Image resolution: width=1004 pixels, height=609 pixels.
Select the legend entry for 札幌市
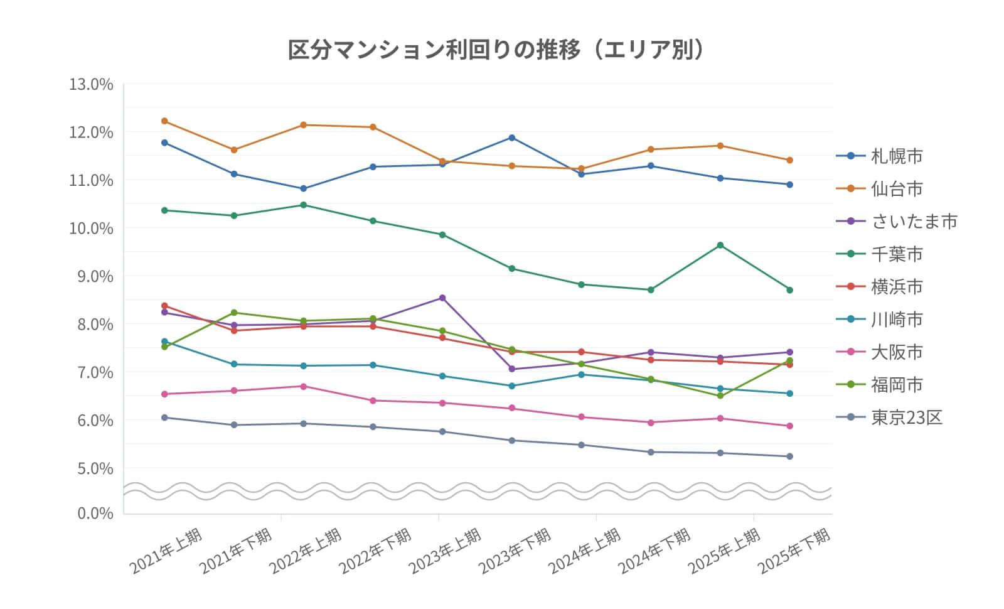(x=896, y=156)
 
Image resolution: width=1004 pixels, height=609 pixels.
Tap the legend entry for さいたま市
(x=914, y=222)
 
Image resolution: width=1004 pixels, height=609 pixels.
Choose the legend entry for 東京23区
(x=906, y=418)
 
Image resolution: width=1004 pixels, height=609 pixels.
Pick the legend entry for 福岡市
(x=896, y=385)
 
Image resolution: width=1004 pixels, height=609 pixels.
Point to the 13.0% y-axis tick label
(x=91, y=84)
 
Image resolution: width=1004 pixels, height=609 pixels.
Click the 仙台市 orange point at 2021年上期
(x=164, y=121)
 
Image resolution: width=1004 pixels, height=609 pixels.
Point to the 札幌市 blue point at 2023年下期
(x=512, y=137)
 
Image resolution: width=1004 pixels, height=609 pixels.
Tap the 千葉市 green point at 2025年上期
(x=720, y=245)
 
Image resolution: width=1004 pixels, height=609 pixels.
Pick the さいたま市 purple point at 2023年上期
(x=442, y=298)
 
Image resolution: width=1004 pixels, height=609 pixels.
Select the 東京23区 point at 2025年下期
(x=790, y=456)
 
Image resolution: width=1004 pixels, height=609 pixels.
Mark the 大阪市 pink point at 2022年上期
(x=304, y=386)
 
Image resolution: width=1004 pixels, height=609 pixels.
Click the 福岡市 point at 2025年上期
(x=720, y=396)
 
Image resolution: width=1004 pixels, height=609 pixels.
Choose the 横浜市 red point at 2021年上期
(x=164, y=306)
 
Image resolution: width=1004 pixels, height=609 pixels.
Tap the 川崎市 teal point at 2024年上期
(x=582, y=375)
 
